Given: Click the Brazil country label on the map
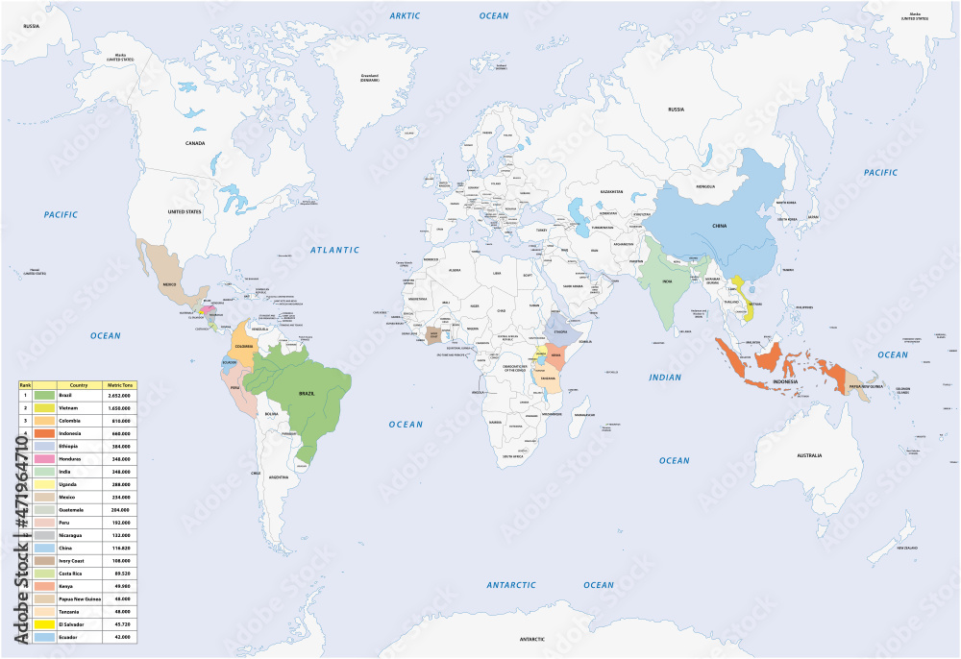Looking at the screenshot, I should pos(308,394).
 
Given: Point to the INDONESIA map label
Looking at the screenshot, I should pos(785,381).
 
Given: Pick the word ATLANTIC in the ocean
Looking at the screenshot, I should pos(335,251).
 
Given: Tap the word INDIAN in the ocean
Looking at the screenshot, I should pos(664,378).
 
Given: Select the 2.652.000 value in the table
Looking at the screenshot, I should pos(120,395).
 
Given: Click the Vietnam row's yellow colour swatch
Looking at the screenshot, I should pos(43,407).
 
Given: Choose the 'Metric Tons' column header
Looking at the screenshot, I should pos(120,383).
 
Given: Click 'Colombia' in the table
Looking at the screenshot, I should pos(71,420).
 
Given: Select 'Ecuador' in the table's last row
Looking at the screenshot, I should pos(69,636).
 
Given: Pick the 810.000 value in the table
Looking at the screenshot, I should pos(120,420).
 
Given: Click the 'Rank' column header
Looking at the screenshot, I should pos(25,383).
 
